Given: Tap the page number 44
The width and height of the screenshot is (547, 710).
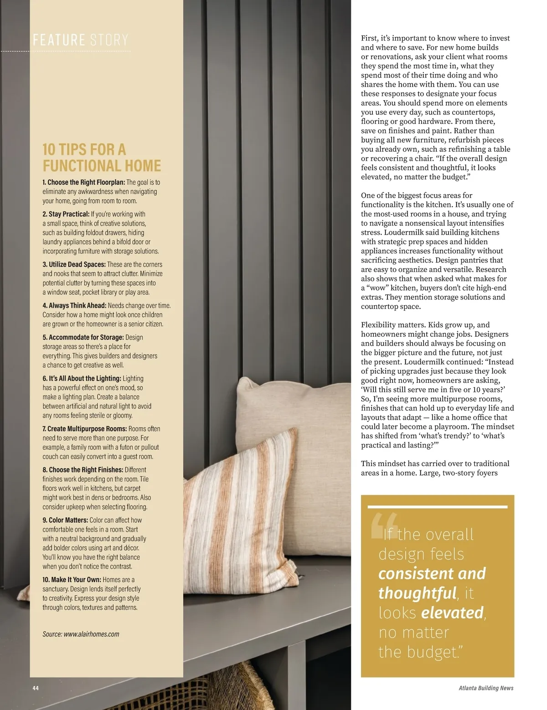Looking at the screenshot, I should [x=36, y=688].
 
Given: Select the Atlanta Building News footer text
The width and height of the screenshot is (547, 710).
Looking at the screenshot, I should [x=486, y=688].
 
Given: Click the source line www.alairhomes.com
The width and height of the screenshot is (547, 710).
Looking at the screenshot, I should [x=81, y=634].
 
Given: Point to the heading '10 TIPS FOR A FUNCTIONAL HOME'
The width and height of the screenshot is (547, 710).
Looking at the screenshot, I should [x=102, y=158].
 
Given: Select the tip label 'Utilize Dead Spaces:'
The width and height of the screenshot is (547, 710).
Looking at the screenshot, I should [x=74, y=264].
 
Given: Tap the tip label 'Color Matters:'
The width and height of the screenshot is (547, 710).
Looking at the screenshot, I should [x=65, y=520].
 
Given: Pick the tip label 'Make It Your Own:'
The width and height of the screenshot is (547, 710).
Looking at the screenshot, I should [x=72, y=580].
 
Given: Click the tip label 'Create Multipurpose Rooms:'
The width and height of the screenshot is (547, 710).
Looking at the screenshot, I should [x=85, y=429].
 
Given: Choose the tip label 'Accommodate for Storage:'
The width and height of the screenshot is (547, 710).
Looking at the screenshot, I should [x=83, y=337].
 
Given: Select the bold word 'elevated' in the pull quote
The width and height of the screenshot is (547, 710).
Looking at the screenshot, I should [x=452, y=613].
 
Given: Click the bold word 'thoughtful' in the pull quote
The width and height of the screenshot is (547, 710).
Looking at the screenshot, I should [x=417, y=593].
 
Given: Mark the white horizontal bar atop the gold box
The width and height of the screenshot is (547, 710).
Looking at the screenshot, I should [x=437, y=506].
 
